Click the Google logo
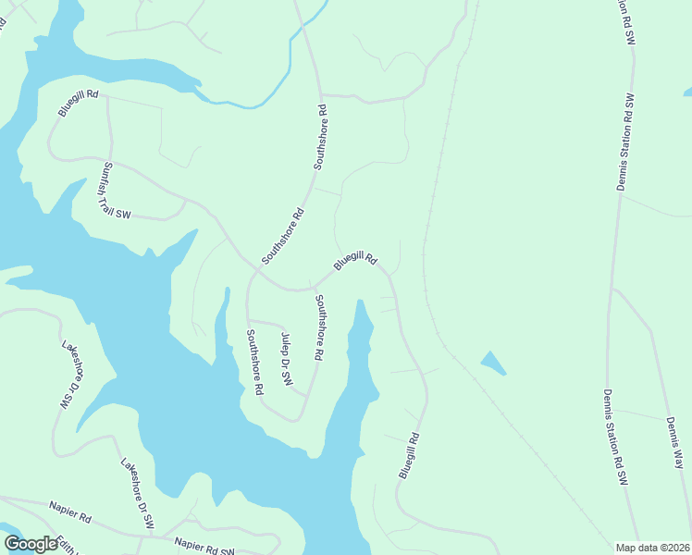(x=31, y=543)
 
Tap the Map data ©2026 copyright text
(x=652, y=548)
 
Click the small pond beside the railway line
(x=493, y=363)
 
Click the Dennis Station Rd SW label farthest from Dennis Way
(x=626, y=142)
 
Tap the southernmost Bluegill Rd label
(x=410, y=455)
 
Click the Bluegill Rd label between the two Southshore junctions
(x=355, y=262)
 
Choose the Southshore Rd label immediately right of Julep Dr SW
(x=319, y=327)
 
